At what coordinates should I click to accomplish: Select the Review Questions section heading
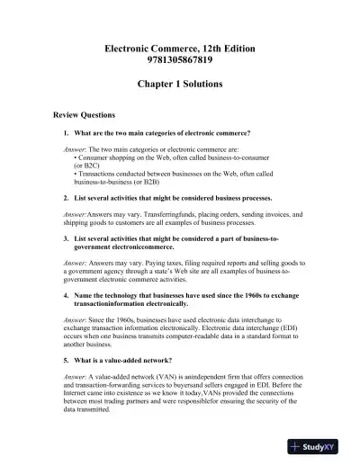pos(72,115)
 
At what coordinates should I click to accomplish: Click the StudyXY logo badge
pos(321,446)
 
